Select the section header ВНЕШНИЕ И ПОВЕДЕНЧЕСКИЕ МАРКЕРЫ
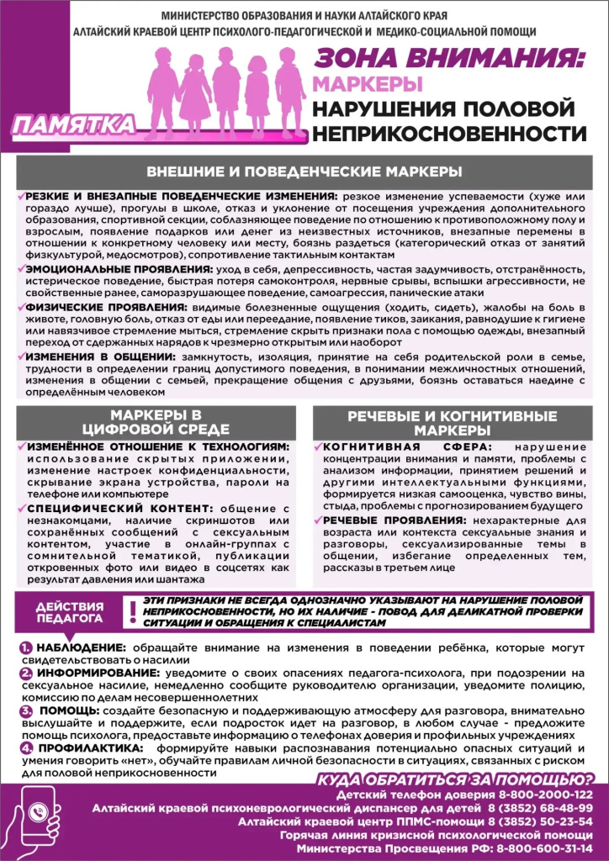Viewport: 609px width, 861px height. click(x=304, y=171)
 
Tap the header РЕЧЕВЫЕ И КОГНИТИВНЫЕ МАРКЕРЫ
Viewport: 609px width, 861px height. click(x=452, y=423)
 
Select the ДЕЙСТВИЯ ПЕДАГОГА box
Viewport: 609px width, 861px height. click(x=68, y=612)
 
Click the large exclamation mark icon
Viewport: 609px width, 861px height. click(x=131, y=611)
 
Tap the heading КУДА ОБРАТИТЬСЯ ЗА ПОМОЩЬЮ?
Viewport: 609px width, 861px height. click(x=454, y=779)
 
